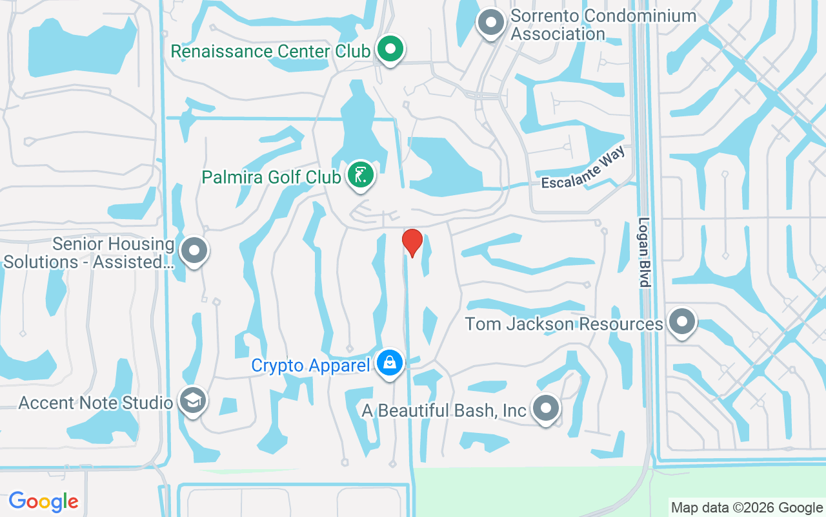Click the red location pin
point(412,242)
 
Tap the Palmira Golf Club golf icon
point(361,174)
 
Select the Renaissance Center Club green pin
point(390,49)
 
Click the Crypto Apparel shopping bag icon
point(390,363)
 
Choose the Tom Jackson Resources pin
point(681,321)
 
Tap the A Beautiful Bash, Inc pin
point(546,408)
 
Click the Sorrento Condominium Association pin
point(491,23)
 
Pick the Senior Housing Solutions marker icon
point(194,251)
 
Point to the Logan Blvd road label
point(643,252)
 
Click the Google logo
point(43,501)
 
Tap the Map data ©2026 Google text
point(747,508)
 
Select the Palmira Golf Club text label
point(271,177)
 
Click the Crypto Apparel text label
point(309,366)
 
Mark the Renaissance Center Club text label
point(270,52)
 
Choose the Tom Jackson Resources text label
point(564,324)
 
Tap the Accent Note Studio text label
point(96,403)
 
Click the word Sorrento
point(549,16)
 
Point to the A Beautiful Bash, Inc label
point(444,411)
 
